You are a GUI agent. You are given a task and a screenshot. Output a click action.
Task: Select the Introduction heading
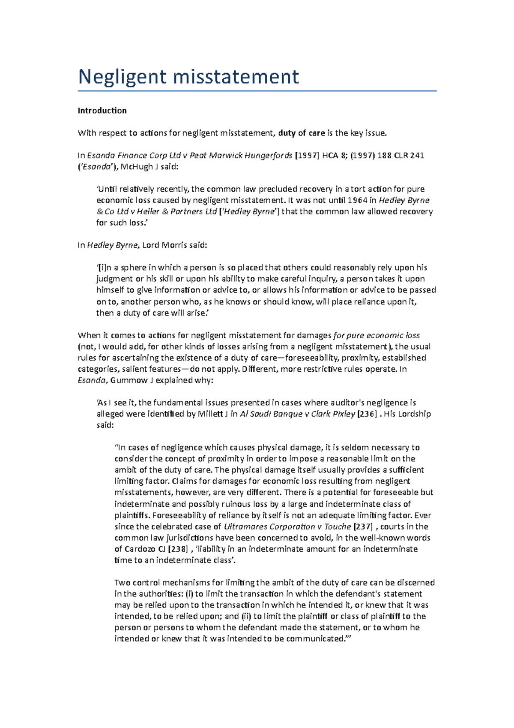coord(102,111)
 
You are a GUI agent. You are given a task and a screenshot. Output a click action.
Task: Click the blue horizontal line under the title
coord(257,91)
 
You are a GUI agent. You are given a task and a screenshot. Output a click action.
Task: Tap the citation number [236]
coord(367,414)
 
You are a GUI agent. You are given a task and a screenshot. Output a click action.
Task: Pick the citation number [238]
coord(177,549)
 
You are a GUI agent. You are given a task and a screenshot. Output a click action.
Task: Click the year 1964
coord(357,200)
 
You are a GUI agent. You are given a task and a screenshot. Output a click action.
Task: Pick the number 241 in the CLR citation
coord(417,156)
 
